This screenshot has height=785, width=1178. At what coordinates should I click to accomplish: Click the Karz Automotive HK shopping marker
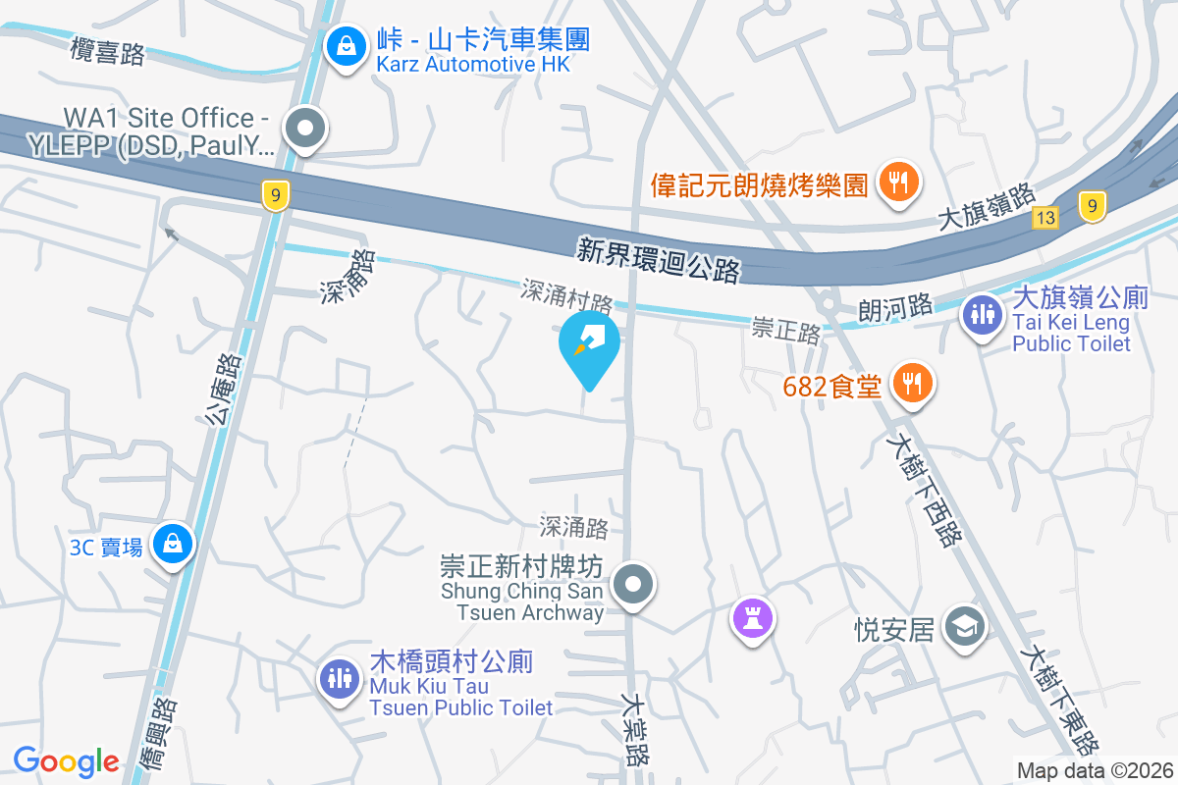tap(346, 45)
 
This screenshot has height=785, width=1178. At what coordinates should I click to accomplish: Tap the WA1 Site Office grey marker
tap(305, 129)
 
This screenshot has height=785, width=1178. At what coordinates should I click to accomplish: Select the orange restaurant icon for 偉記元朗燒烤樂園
tap(896, 182)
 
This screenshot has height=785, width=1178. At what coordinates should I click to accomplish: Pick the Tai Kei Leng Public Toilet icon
tap(982, 313)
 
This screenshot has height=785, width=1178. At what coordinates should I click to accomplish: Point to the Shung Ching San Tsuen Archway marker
tap(633, 586)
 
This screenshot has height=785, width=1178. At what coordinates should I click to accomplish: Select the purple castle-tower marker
tap(753, 619)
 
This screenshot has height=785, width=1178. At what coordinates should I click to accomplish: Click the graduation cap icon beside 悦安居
tap(964, 626)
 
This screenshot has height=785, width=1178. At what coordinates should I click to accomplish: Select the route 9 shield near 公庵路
tap(277, 196)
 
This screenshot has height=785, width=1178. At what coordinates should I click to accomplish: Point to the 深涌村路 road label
tap(566, 295)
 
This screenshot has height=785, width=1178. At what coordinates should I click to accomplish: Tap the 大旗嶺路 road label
tap(987, 208)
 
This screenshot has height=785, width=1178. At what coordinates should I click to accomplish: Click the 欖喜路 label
tap(109, 52)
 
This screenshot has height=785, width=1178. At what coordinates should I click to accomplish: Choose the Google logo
tap(66, 760)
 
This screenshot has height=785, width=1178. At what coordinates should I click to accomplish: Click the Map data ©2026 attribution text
tap(1094, 770)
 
